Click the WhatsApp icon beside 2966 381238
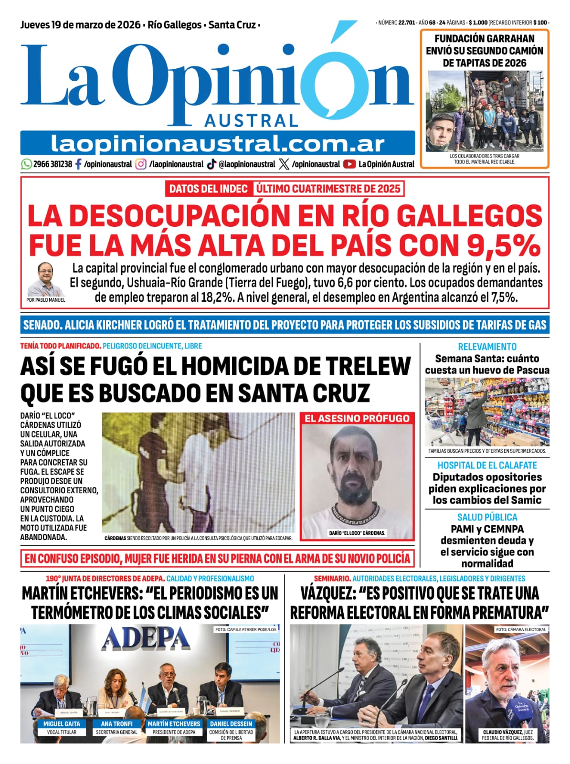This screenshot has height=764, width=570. point(26,164)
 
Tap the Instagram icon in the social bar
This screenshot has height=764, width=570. point(141,164)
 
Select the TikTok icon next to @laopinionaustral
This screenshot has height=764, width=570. point(211,164)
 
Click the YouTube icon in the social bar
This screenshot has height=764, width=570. point(349,164)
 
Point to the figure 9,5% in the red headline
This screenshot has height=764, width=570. point(503,245)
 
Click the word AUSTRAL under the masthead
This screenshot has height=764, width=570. point(251,121)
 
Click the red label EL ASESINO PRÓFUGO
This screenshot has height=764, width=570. point(357,418)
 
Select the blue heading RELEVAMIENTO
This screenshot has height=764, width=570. point(487,347)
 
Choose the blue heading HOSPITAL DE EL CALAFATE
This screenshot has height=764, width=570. point(487,465)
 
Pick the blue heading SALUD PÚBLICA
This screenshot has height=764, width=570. point(487,517)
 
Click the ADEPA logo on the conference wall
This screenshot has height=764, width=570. point(146,639)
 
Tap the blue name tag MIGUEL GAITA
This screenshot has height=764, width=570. point(62,724)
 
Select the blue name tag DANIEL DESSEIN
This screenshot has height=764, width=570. point(231,724)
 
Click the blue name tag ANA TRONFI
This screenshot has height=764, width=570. point(116,724)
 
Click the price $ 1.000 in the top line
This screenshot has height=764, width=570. point(478,22)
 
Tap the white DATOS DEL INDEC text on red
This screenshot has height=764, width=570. point(208,189)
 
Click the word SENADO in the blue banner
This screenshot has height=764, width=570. point(42,325)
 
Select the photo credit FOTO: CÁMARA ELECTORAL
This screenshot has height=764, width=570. point(520,629)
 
